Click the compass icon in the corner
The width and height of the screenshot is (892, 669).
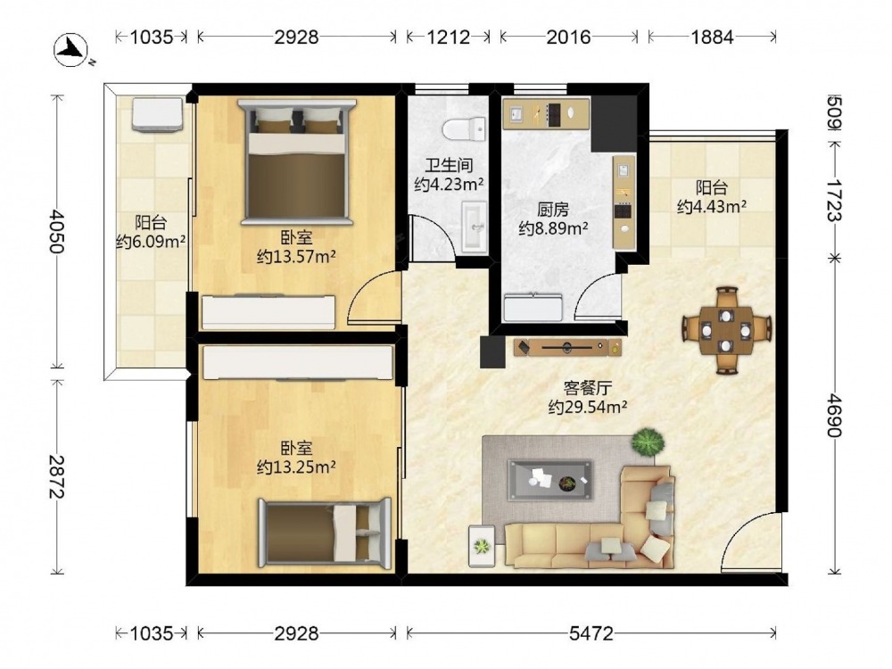tap(71, 49)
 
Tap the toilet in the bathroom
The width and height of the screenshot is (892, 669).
tap(464, 128)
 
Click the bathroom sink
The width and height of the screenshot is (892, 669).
tap(475, 227)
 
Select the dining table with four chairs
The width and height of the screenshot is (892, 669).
tap(726, 331)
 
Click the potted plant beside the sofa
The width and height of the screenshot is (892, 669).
tap(648, 442)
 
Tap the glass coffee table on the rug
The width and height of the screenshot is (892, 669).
tap(550, 481)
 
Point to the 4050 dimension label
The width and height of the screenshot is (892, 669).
tap(57, 232)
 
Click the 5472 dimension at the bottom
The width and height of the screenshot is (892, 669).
tap(591, 632)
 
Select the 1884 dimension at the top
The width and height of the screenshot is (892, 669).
tap(712, 37)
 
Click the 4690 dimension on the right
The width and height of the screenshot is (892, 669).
tap(833, 415)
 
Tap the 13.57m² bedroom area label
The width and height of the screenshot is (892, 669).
tap(296, 257)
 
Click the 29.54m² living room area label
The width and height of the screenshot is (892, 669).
tap(588, 407)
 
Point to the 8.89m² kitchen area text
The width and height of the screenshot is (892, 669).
tap(553, 228)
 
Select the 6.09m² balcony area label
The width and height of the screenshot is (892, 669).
tap(151, 242)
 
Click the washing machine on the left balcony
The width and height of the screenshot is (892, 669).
tap(158, 114)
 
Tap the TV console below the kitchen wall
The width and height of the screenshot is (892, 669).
tap(567, 347)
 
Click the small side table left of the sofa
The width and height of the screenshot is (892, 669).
tap(482, 546)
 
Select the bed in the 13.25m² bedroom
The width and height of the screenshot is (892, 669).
tap(325, 533)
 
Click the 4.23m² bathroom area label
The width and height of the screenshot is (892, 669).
tap(450, 185)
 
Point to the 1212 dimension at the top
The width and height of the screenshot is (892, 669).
tap(449, 37)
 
